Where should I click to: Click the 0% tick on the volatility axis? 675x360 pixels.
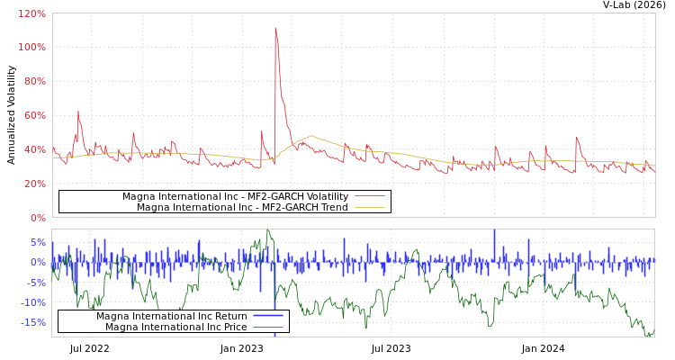[37, 218]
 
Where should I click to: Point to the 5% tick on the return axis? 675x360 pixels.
[37, 242]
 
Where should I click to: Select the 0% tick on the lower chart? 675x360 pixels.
[37, 262]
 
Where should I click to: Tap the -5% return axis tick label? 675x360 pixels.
[35, 283]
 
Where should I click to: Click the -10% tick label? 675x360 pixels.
[32, 302]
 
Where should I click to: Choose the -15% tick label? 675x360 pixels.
[32, 322]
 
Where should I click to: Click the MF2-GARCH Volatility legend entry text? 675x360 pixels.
[235, 196]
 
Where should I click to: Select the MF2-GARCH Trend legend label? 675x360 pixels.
[242, 207]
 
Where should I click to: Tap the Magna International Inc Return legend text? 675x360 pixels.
[171, 316]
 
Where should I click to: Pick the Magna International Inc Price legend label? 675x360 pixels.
[175, 327]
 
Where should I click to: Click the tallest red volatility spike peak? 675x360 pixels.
[275, 29]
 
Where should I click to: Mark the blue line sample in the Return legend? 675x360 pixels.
[267, 316]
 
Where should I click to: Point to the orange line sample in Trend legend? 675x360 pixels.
[369, 207]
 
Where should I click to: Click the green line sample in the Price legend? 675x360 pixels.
[267, 327]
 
